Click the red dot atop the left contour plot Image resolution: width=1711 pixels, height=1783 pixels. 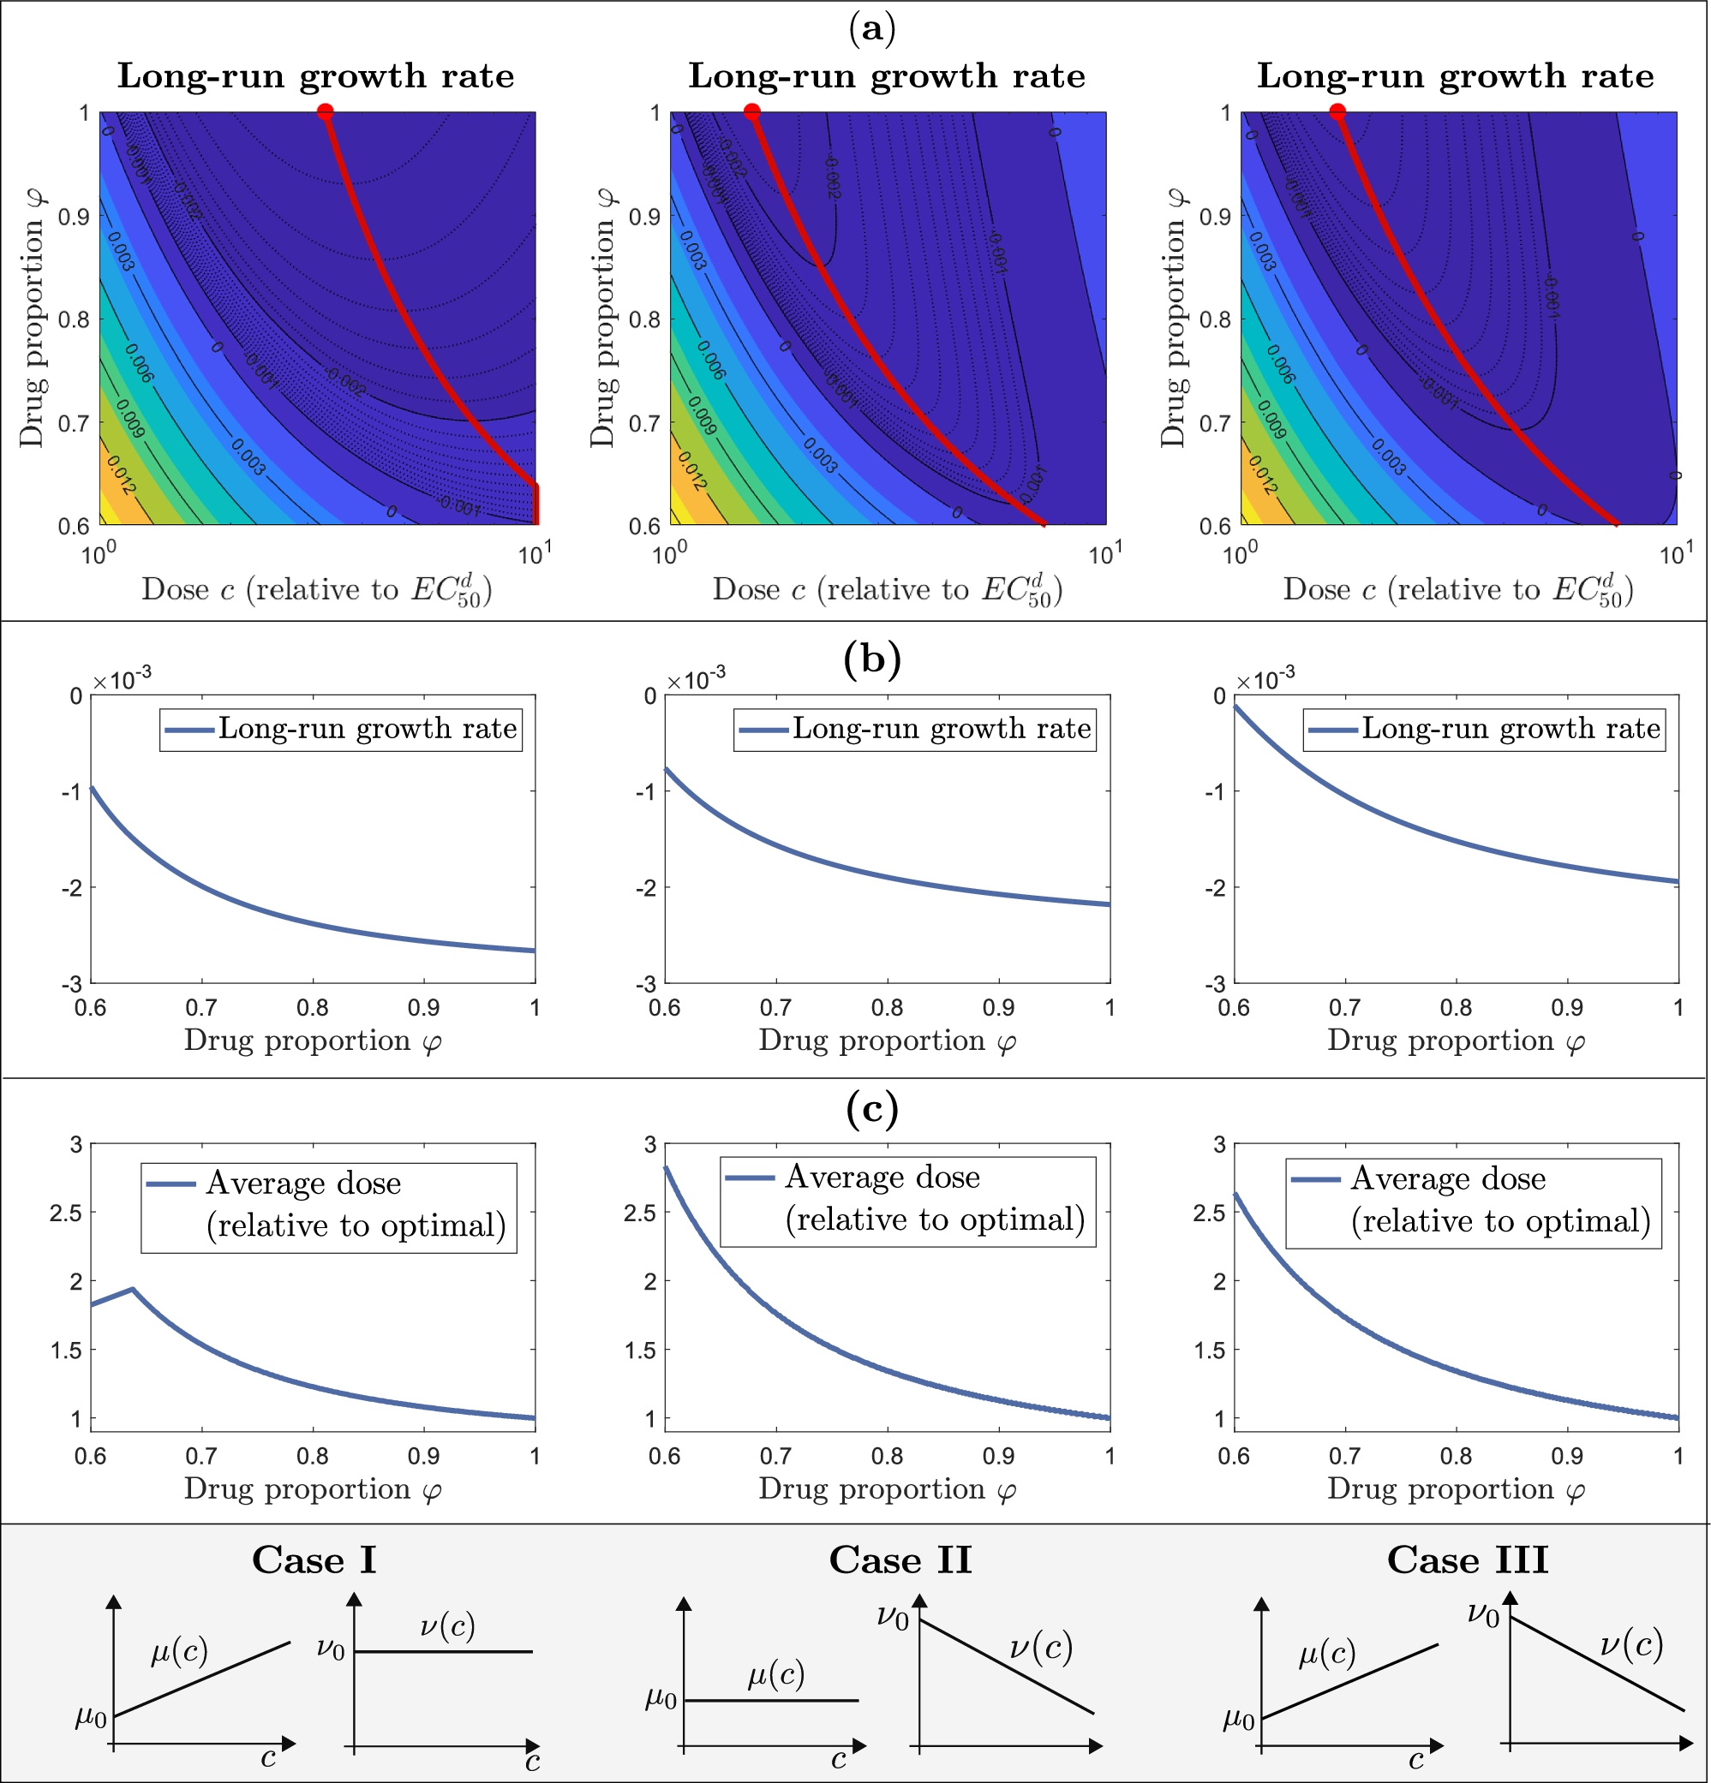coord(325,112)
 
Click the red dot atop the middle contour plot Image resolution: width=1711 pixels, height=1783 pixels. coord(751,112)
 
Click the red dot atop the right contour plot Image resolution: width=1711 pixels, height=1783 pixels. coord(1337,112)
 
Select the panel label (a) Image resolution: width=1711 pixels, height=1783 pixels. coord(872,29)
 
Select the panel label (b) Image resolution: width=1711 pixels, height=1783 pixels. coord(872,659)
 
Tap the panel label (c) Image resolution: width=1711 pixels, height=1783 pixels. coord(872,1108)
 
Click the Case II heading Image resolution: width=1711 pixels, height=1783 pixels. coord(900,1560)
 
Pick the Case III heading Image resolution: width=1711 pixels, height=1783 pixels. coord(1467,1560)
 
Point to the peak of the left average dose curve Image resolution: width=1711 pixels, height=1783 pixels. coord(133,1289)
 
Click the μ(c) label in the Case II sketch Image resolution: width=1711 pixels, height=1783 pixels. coord(776,1674)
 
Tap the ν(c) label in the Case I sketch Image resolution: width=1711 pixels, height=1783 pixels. coord(448,1625)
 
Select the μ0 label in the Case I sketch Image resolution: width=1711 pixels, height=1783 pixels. coord(91,1716)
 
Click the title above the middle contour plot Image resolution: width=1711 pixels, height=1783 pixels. coord(887,75)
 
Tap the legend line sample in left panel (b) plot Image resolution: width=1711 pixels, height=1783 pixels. coord(189,730)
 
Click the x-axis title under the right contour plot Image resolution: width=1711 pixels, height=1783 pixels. coord(1458,590)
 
